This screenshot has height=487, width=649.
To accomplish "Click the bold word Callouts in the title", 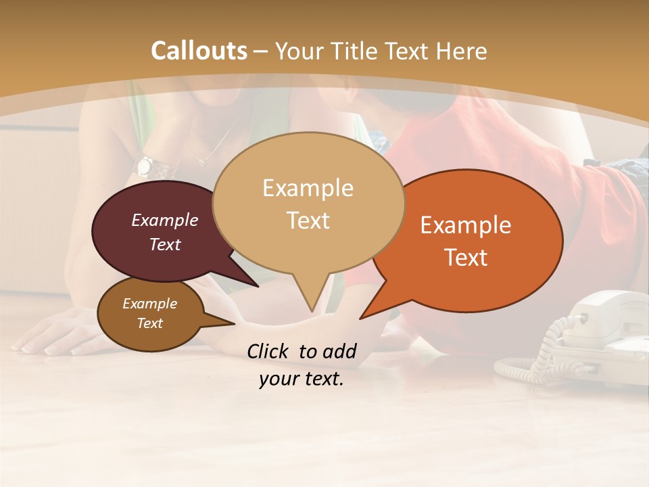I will tap(199, 51).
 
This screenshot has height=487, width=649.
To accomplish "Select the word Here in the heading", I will tap(459, 51).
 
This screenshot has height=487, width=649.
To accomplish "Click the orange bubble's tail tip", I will tap(361, 318).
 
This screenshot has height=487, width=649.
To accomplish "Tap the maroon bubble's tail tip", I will tap(258, 286).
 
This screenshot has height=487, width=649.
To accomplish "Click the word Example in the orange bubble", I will tap(466, 225).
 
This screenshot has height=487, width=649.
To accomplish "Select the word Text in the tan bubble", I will tap(308, 221).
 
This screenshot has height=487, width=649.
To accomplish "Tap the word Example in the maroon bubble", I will tap(165, 220).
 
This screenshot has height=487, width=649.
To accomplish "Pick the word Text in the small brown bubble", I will tap(150, 323).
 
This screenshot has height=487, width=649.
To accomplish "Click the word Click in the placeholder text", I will tap(269, 351).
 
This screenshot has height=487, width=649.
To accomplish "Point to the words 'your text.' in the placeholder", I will tap(302, 379).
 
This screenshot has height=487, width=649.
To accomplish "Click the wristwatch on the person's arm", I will tap(147, 166).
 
